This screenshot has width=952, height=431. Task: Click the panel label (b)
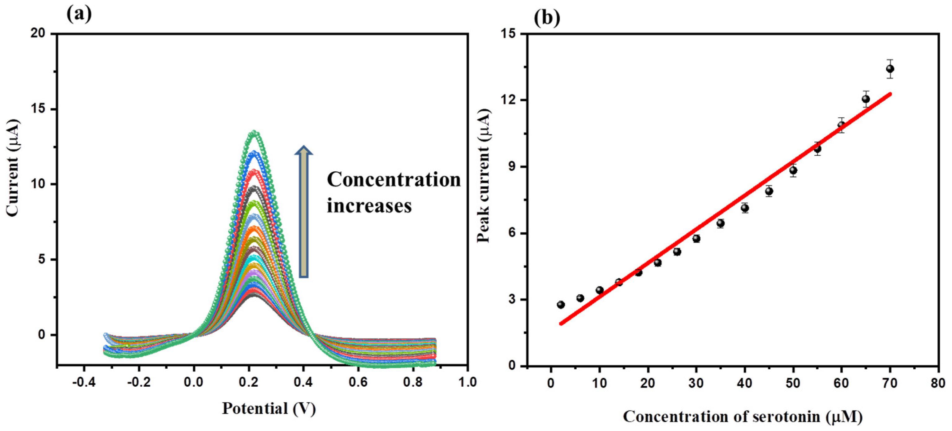(547, 17)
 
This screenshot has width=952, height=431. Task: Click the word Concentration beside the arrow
(394, 180)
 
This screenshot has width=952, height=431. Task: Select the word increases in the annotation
(369, 205)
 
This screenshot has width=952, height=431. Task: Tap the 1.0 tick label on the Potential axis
(467, 382)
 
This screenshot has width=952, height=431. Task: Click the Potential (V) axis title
(269, 409)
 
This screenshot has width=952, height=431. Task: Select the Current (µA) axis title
(12, 167)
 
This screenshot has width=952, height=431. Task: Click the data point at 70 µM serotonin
(890, 69)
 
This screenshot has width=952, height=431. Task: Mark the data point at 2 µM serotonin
(561, 305)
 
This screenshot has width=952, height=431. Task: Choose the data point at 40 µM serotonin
(745, 208)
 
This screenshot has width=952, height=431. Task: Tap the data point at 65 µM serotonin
(865, 99)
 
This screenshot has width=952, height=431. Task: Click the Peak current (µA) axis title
(483, 176)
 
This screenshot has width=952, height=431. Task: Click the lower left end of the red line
(561, 324)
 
